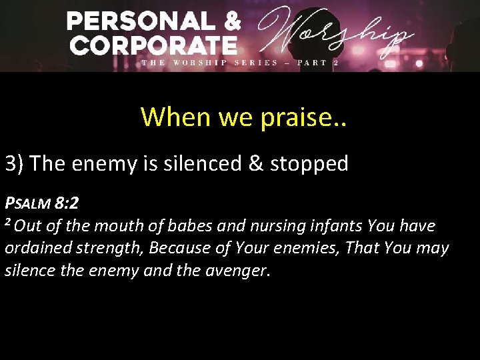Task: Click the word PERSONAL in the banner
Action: [x=141, y=22]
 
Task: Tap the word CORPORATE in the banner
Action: [x=153, y=45]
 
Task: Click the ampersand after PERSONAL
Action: [x=231, y=22]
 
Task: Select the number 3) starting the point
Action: [x=14, y=163]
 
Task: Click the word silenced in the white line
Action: [x=199, y=163]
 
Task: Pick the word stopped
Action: [x=311, y=163]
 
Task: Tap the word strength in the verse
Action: [x=111, y=249]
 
